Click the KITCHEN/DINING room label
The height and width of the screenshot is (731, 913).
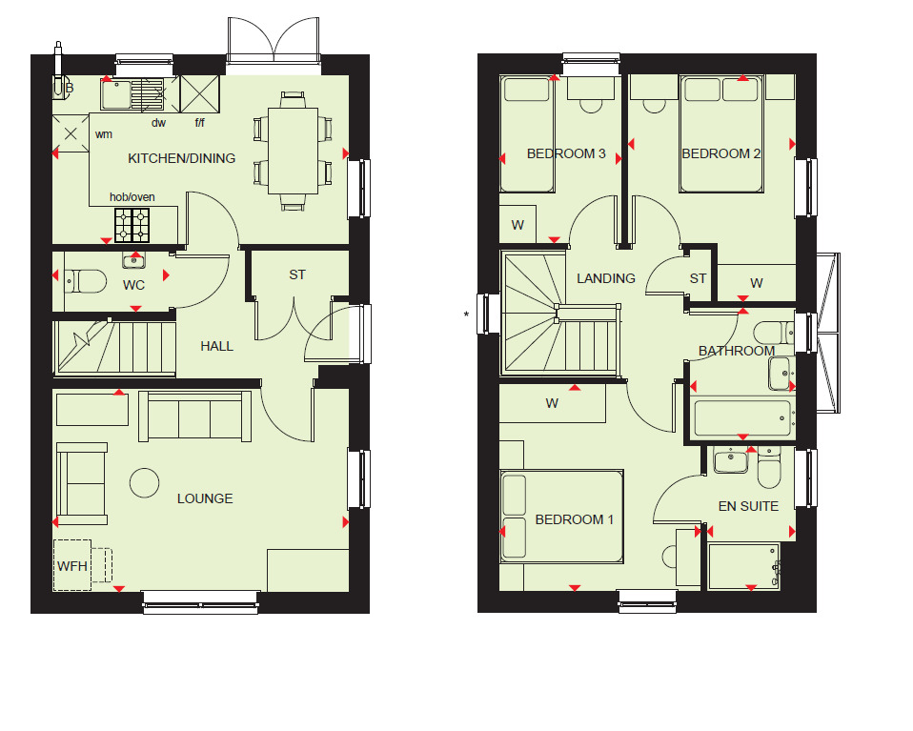[x=182, y=158]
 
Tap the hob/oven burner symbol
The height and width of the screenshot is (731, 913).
[x=132, y=225]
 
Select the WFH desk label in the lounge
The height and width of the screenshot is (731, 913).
[x=72, y=566]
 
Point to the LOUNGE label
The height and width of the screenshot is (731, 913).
[x=205, y=498]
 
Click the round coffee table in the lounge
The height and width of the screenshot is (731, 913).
[x=145, y=483]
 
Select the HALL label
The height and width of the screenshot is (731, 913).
[x=217, y=346]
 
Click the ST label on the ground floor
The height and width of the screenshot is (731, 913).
[x=297, y=274]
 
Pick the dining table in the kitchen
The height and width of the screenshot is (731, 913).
[x=293, y=151]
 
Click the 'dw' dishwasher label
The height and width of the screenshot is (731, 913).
[x=158, y=122]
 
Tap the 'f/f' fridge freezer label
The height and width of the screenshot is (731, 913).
[x=200, y=122]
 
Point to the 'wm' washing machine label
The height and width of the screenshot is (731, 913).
[x=103, y=134]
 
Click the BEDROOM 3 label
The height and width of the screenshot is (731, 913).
[x=566, y=153]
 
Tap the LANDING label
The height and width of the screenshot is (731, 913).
[x=606, y=278]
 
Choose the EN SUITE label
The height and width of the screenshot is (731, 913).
[x=748, y=506]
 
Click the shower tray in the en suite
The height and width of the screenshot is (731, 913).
[x=743, y=568]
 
